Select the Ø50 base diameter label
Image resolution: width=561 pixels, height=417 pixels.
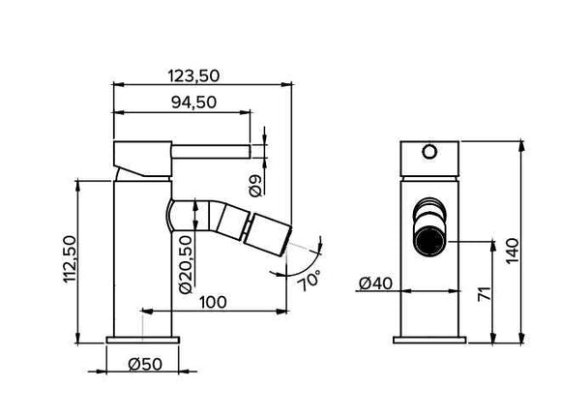[x=142, y=365]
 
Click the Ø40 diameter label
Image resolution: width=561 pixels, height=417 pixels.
[x=373, y=283]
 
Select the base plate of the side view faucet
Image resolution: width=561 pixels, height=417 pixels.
[x=143, y=340]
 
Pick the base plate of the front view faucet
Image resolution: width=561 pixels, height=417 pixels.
[x=430, y=340]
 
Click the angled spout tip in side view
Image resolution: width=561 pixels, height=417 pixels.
[x=268, y=237]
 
